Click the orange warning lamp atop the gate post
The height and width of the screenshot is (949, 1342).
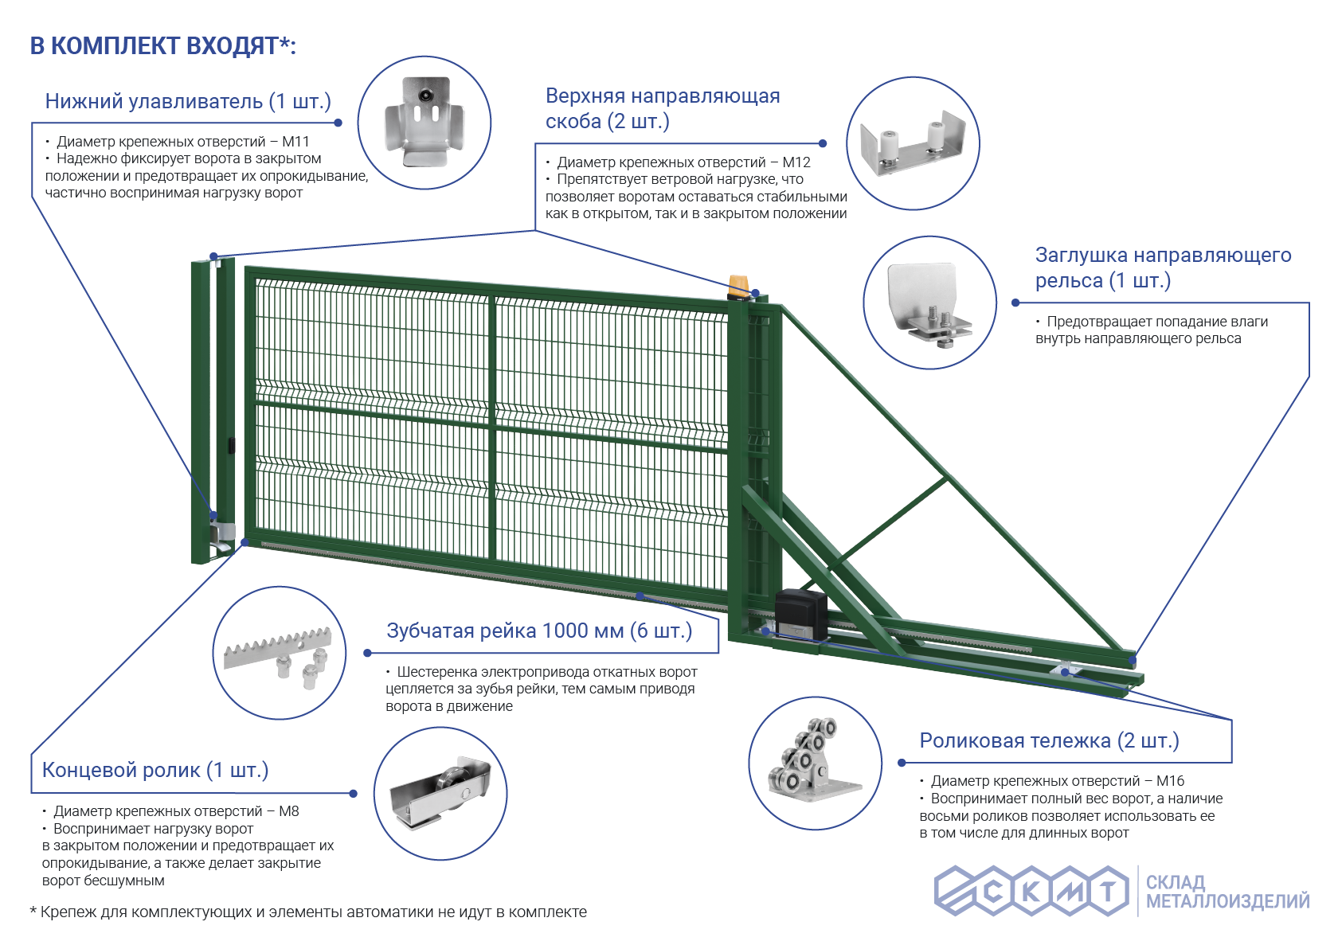click(x=739, y=286)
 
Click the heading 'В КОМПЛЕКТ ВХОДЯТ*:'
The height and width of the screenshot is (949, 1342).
click(x=163, y=46)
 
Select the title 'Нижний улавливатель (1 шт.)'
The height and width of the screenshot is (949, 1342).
click(x=188, y=101)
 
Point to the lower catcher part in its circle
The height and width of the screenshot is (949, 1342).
click(x=425, y=122)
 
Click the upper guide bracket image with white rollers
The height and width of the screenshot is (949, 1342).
click(x=913, y=143)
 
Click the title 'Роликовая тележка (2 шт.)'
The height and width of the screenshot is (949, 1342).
click(x=1049, y=740)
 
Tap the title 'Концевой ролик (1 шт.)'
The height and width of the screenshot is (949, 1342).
click(x=155, y=770)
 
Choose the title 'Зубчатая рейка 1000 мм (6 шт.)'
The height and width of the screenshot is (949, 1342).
click(x=539, y=631)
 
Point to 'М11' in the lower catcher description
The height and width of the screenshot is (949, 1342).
click(x=295, y=142)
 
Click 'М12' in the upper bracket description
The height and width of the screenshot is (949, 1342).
click(x=796, y=162)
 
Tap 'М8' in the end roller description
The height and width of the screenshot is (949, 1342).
click(x=289, y=811)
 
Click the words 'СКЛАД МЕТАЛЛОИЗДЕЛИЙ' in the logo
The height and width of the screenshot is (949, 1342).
click(x=1227, y=892)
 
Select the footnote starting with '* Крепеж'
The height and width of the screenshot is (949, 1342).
click(x=308, y=912)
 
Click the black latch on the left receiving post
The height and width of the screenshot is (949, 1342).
click(x=231, y=446)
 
